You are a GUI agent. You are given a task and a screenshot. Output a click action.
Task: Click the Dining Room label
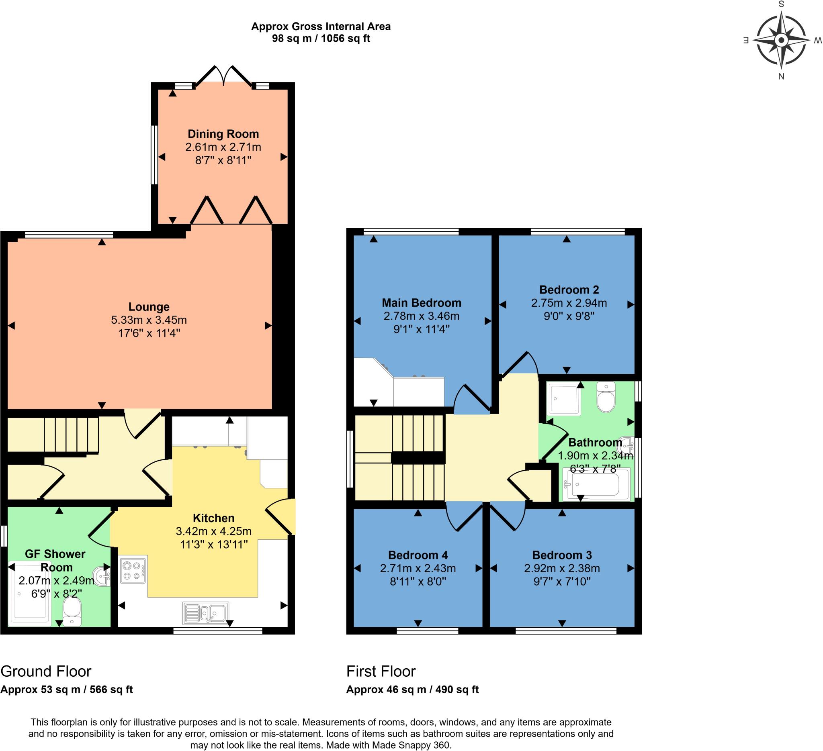click(223, 134)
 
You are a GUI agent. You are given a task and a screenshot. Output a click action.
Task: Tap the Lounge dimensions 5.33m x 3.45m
click(149, 320)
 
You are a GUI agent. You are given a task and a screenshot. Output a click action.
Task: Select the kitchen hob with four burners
click(133, 570)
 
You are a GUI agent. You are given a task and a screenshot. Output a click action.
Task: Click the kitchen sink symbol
click(205, 613)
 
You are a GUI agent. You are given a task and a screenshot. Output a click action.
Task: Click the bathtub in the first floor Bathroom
click(596, 484)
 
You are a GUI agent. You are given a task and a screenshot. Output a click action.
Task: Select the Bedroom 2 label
click(569, 290)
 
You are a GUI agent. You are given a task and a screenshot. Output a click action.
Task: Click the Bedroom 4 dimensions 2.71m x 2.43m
click(418, 568)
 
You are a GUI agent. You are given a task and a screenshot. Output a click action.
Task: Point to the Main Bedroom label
click(421, 303)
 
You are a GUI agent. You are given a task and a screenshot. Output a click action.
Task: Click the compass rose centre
click(781, 41)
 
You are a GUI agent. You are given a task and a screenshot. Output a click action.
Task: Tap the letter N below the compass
click(781, 77)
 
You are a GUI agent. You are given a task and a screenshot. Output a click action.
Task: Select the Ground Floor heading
click(46, 671)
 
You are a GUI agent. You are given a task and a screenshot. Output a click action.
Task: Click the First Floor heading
click(381, 671)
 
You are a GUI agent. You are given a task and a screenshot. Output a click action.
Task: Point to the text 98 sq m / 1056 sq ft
click(321, 39)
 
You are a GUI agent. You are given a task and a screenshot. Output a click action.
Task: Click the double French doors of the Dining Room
click(223, 77)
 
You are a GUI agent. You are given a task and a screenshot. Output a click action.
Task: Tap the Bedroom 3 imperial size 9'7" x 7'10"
click(562, 581)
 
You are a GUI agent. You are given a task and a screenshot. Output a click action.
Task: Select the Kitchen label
click(213, 518)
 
